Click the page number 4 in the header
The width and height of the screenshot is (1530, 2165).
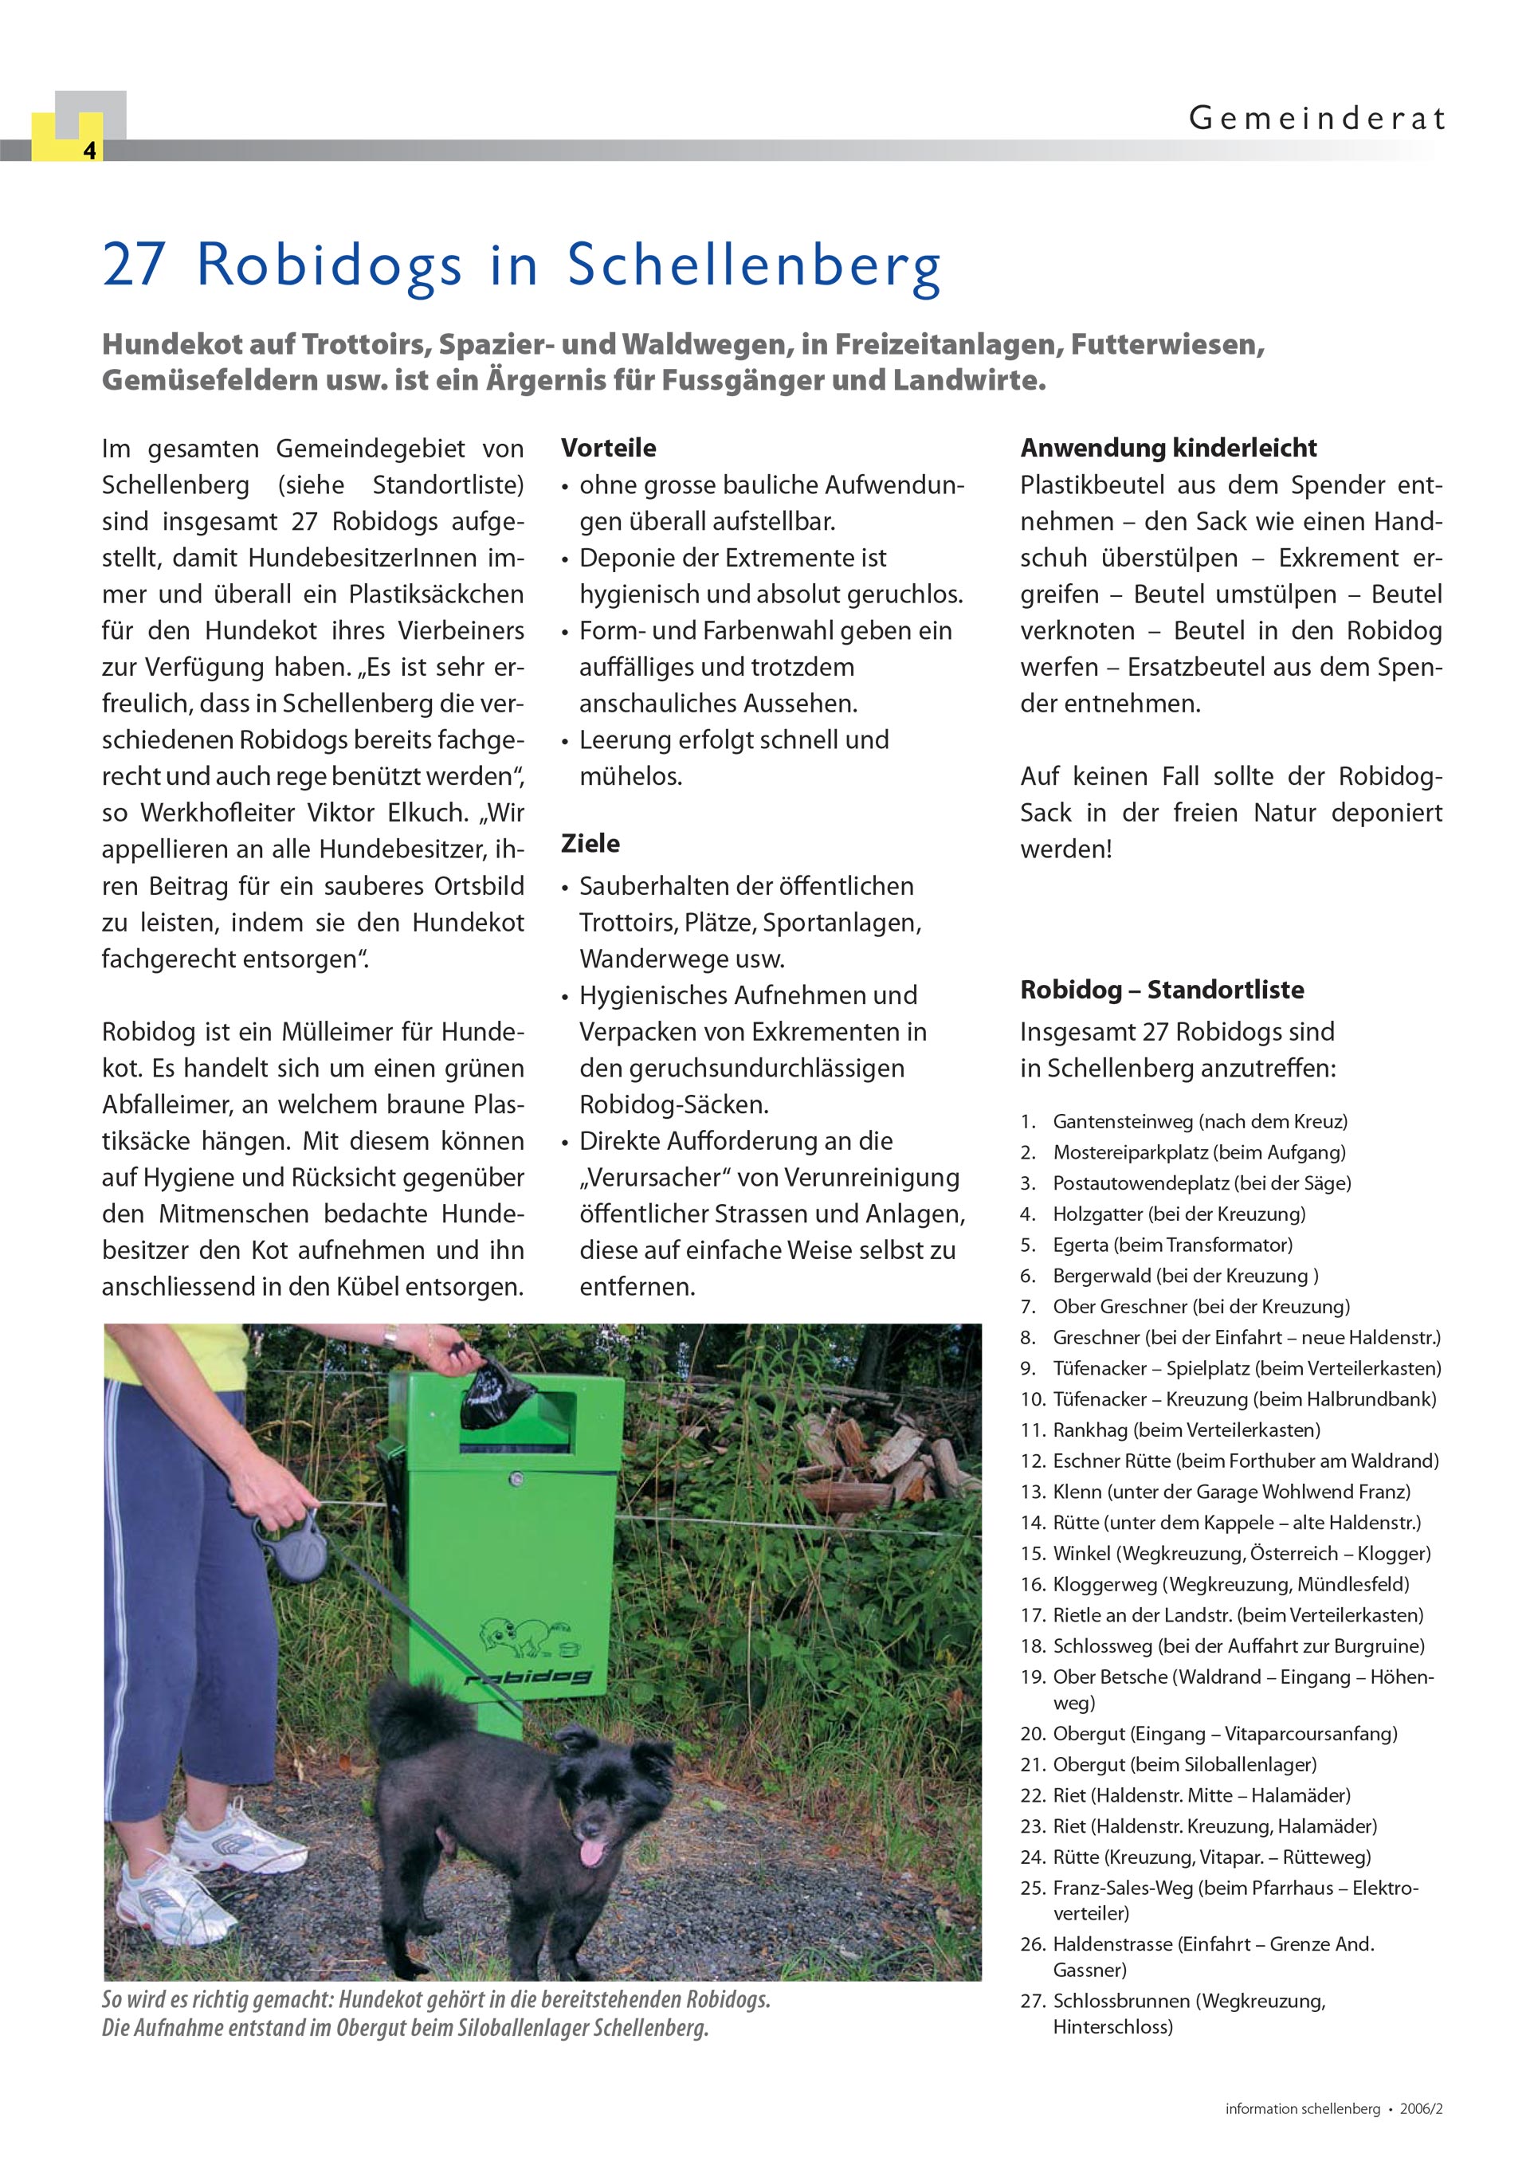point(89,151)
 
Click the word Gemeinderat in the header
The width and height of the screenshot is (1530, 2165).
point(1316,119)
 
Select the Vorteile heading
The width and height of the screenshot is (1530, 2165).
point(609,448)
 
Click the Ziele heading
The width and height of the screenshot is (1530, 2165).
point(590,843)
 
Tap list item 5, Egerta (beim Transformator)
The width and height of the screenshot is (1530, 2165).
point(1171,1245)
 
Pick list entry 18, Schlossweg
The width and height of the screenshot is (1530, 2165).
point(1238,1646)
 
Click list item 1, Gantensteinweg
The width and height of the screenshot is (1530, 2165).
point(1199,1121)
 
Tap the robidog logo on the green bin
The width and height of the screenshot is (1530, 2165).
point(528,1676)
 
